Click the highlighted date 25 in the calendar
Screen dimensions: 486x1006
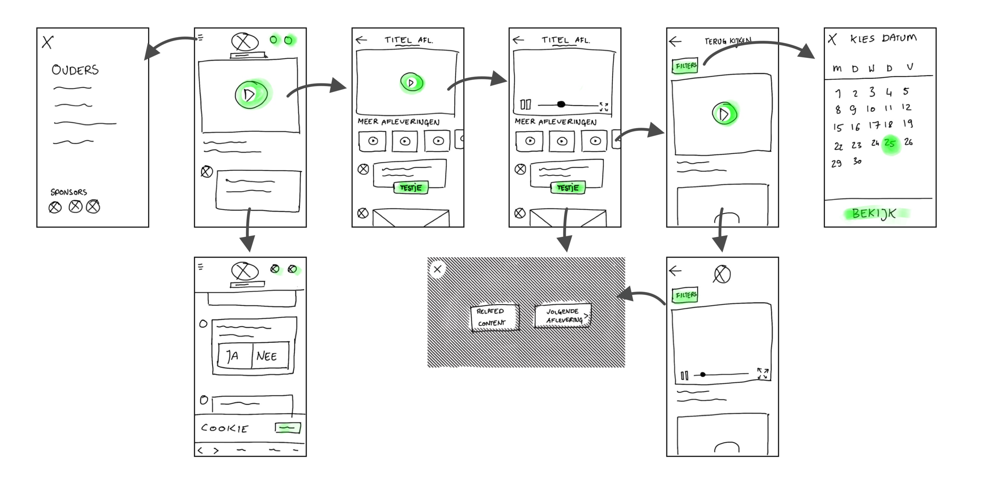(x=890, y=143)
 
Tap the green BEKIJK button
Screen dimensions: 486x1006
(x=874, y=213)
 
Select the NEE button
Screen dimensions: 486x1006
(x=267, y=356)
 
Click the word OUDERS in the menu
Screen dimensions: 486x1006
(x=75, y=70)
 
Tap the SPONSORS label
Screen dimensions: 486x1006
(x=68, y=192)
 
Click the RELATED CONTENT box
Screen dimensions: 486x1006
(x=495, y=317)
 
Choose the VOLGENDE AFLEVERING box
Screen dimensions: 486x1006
(x=563, y=316)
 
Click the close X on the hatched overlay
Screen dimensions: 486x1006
(x=437, y=269)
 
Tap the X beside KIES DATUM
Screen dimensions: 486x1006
(x=833, y=39)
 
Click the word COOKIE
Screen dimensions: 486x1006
(x=225, y=428)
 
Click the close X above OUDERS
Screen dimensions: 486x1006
(x=47, y=42)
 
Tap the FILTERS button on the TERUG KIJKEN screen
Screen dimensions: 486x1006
(x=685, y=66)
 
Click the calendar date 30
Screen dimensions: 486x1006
(x=857, y=161)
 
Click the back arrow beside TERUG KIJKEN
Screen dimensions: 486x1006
(x=675, y=41)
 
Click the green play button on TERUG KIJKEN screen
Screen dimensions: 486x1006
(x=724, y=114)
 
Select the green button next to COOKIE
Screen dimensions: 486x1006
(x=288, y=428)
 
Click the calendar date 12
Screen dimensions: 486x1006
(x=906, y=108)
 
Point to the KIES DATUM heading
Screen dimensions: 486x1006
(x=883, y=38)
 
